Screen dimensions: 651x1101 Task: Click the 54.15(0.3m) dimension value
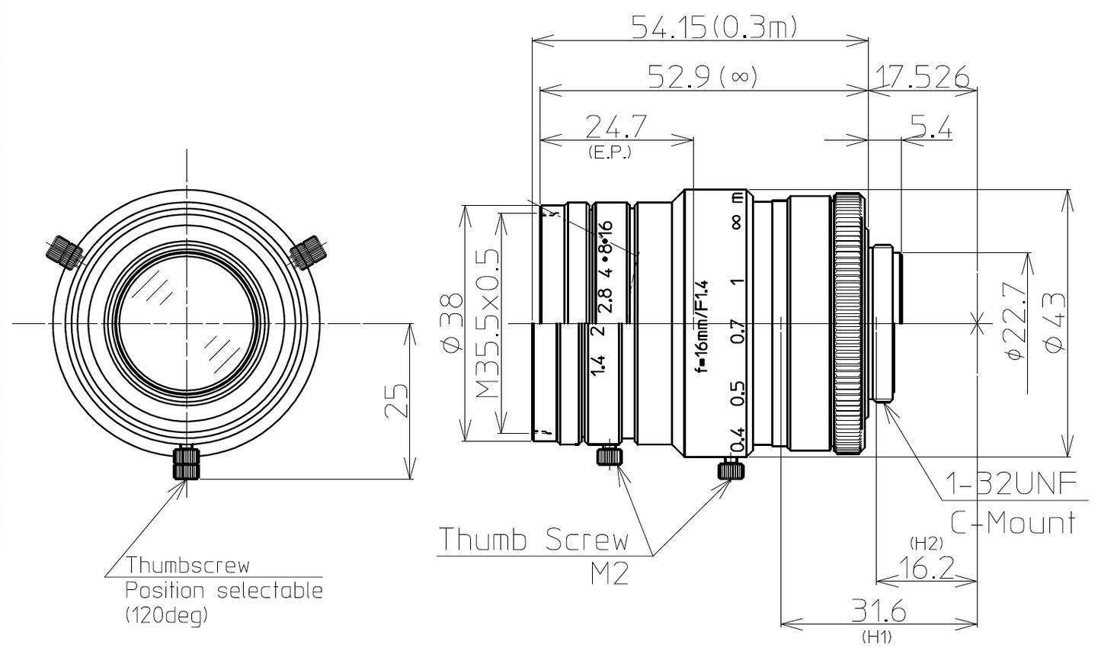click(713, 27)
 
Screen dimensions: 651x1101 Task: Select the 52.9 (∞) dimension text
click(702, 76)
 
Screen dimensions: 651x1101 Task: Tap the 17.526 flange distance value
click(922, 76)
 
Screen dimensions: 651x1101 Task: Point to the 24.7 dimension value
click(616, 127)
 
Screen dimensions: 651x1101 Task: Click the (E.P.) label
click(610, 152)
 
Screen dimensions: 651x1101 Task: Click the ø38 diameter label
click(453, 323)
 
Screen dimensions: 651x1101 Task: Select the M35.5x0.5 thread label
click(488, 323)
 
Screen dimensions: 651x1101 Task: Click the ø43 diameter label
click(1058, 323)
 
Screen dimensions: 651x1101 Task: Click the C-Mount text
click(1013, 523)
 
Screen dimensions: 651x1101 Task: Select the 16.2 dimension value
click(927, 568)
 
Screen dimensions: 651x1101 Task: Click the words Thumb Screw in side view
click(533, 540)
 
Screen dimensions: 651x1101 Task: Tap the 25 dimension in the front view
click(395, 401)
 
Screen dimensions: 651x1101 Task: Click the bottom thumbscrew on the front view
click(186, 463)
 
